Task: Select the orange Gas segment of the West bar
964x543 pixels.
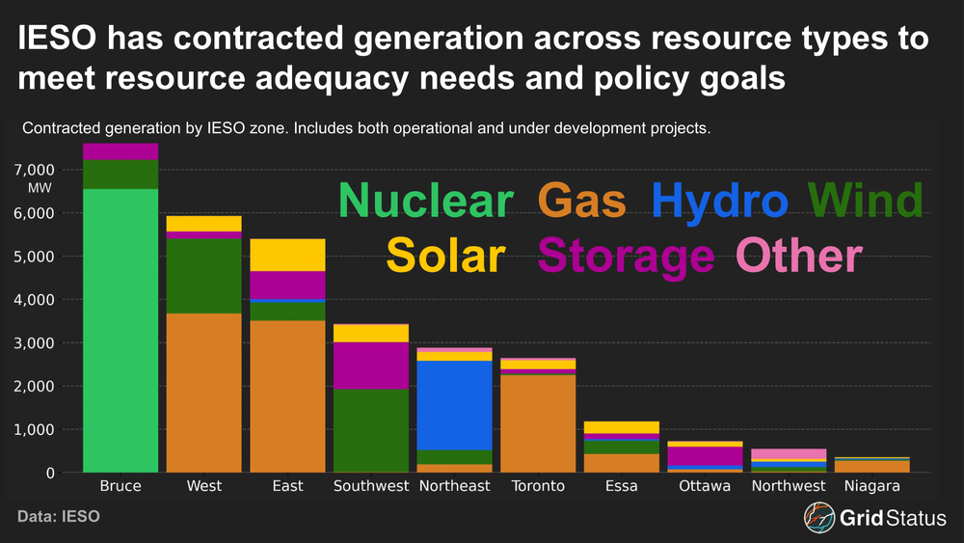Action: coord(203,392)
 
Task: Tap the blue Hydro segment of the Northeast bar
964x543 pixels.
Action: coord(454,405)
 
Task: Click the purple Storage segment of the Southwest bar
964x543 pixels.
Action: coord(370,366)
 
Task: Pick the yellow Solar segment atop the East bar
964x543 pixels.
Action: coord(287,255)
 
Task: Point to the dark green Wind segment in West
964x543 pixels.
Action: coord(203,276)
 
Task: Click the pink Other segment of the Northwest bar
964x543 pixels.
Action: coord(789,454)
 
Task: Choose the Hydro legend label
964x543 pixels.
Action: coord(719,203)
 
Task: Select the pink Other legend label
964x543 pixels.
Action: coord(798,257)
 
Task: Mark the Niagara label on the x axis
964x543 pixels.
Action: coord(871,487)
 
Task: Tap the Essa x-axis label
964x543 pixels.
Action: coord(621,487)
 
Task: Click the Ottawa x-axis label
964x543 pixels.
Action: coord(705,487)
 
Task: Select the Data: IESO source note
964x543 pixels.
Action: coord(59,518)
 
